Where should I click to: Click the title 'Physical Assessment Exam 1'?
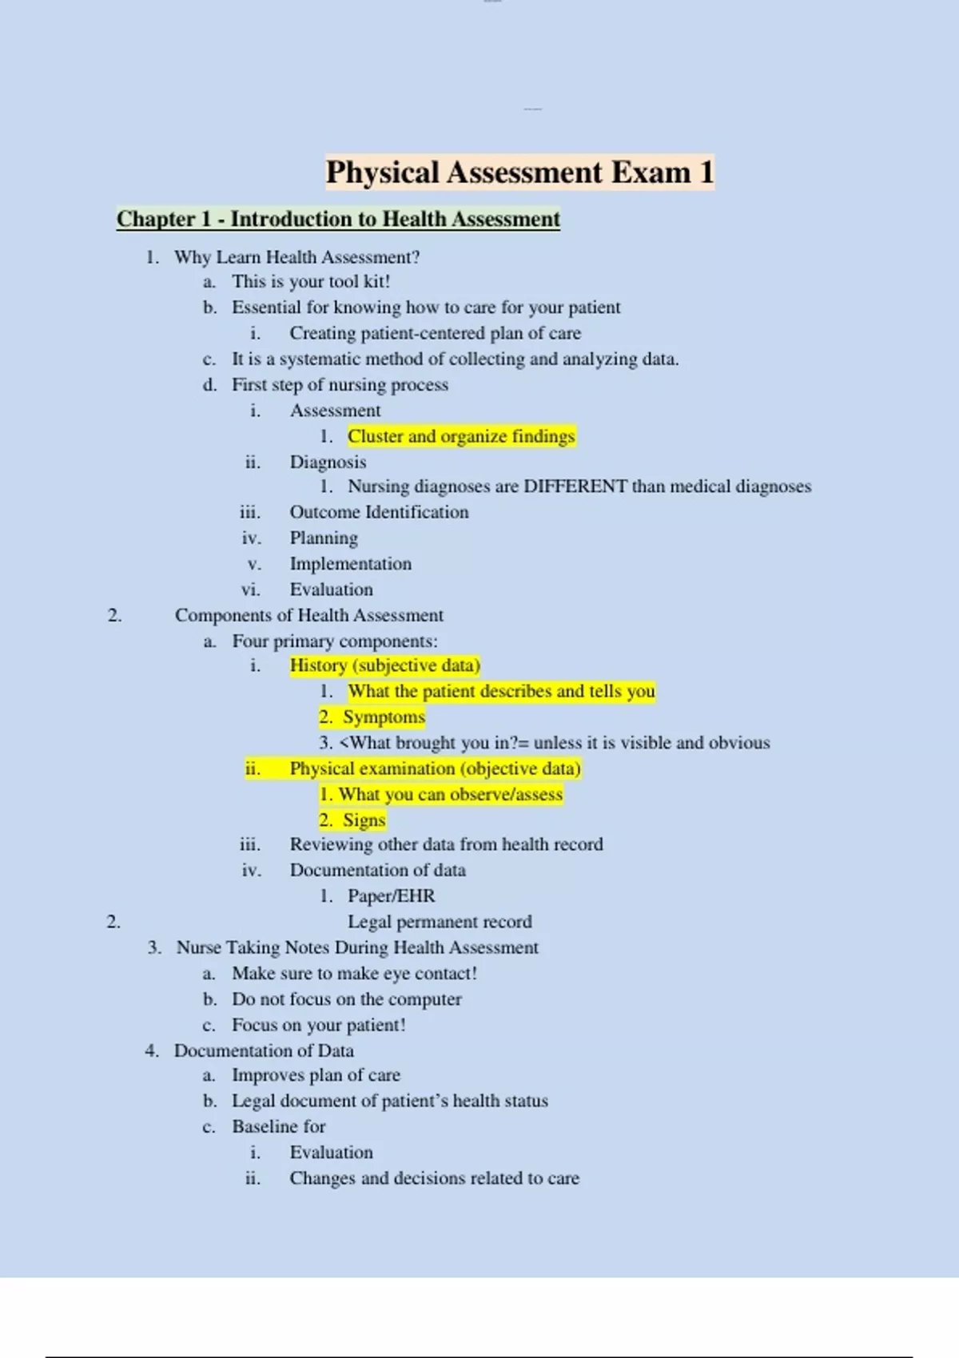519,173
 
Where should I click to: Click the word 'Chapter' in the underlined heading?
156,219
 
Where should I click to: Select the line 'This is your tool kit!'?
311,281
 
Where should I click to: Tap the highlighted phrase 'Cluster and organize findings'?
461,436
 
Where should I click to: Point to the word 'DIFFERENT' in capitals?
575,486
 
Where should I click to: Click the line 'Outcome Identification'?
379,512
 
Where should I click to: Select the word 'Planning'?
324,538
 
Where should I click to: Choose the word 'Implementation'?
350,564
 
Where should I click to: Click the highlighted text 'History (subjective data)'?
384,665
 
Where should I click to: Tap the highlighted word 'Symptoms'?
384,717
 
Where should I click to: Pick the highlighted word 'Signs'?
364,820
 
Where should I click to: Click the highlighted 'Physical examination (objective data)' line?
435,768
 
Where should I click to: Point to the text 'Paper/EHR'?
391,896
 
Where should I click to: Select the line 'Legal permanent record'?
440,922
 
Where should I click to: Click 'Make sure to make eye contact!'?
354,974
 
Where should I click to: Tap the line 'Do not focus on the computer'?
347,999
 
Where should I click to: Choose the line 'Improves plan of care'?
316,1075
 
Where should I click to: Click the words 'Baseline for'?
278,1126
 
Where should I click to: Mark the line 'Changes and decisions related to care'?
434,1178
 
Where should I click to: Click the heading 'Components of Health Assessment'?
308,615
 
